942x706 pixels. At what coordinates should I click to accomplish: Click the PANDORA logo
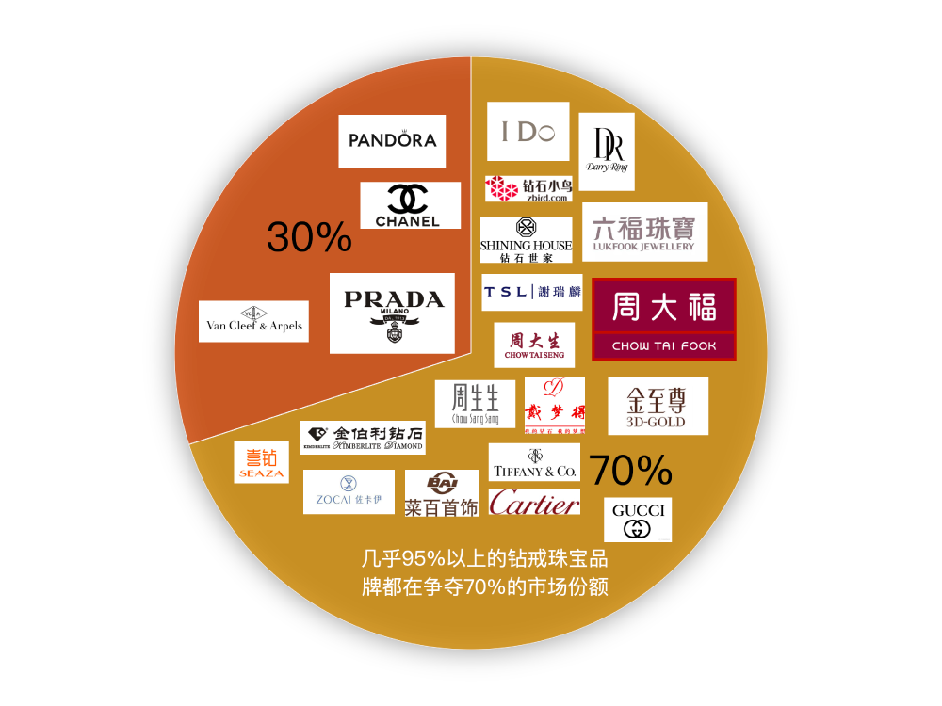[x=392, y=141]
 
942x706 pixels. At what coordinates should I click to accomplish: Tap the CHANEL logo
[x=410, y=205]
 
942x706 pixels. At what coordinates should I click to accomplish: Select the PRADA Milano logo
[x=392, y=313]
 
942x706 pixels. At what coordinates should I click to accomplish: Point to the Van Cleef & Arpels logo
[x=253, y=321]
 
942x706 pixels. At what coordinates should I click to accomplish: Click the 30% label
[x=309, y=237]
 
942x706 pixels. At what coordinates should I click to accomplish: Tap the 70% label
[x=630, y=469]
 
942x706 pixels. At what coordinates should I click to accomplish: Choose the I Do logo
[x=528, y=132]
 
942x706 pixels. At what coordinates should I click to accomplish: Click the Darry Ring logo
[x=606, y=152]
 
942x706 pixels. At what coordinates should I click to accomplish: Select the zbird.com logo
[x=528, y=188]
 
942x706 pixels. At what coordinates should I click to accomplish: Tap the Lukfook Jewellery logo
[x=644, y=232]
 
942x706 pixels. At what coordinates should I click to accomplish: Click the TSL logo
[x=532, y=292]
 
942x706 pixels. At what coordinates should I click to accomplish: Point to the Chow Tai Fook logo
[x=663, y=318]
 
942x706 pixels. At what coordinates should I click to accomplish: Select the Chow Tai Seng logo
[x=534, y=345]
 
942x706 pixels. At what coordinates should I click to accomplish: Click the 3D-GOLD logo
[x=658, y=406]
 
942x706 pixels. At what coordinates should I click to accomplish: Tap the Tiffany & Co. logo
[x=534, y=462]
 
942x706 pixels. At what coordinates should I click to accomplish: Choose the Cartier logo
[x=534, y=503]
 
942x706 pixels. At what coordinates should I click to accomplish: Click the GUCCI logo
[x=638, y=520]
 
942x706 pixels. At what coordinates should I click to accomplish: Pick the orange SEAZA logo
[x=261, y=462]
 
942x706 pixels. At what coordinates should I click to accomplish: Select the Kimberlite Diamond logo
[x=363, y=438]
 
